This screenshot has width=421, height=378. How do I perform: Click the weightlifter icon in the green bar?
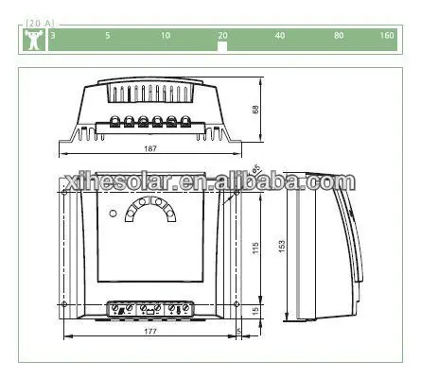tap(34, 40)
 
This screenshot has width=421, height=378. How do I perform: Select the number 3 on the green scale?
tap(53, 35)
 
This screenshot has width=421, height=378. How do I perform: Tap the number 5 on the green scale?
tap(108, 35)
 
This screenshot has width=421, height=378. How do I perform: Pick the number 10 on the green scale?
tap(166, 35)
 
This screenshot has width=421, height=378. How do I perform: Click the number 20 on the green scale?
tap(222, 36)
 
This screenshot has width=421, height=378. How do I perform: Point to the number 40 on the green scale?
tap(280, 35)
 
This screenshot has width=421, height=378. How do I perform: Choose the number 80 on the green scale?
tap(339, 35)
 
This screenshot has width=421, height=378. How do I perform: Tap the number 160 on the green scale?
tap(387, 35)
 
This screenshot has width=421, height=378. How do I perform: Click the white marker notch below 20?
tap(222, 46)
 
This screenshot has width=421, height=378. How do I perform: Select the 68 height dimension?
tap(255, 110)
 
